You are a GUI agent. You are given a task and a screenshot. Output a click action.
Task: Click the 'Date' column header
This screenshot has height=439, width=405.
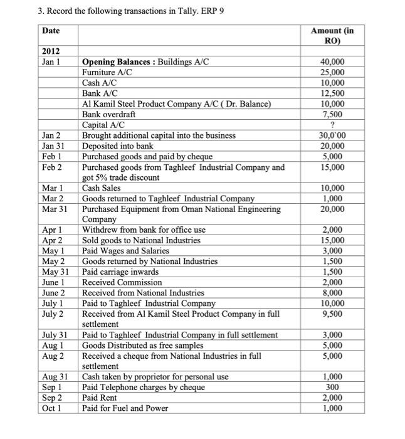pos(51,31)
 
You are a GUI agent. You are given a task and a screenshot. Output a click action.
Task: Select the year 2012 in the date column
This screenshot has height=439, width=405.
pos(51,51)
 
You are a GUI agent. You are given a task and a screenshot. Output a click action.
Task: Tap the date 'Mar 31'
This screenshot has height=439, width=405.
pos(55,209)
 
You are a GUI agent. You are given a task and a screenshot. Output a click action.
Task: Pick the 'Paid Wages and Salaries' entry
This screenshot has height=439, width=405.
pos(125,250)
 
